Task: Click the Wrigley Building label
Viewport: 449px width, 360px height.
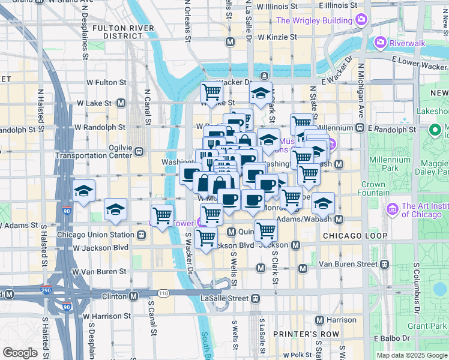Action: coord(313,20)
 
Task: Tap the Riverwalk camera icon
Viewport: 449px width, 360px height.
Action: coord(379,43)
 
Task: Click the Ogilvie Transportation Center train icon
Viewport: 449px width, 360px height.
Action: coord(139,152)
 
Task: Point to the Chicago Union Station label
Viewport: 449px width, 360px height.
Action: coord(95,235)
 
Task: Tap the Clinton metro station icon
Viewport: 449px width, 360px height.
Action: coord(134,296)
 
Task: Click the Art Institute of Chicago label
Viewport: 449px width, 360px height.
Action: coord(424,209)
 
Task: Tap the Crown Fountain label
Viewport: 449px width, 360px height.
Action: coord(373,188)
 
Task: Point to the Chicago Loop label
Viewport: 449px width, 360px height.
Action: coord(354,236)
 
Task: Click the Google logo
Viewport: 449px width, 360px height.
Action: coord(20,352)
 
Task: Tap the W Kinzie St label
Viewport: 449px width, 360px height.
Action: coord(277,37)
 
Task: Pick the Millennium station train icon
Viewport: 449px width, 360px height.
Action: coord(360,128)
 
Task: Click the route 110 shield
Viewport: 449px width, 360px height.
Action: coord(163,293)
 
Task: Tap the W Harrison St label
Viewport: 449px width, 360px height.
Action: coord(107,316)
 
